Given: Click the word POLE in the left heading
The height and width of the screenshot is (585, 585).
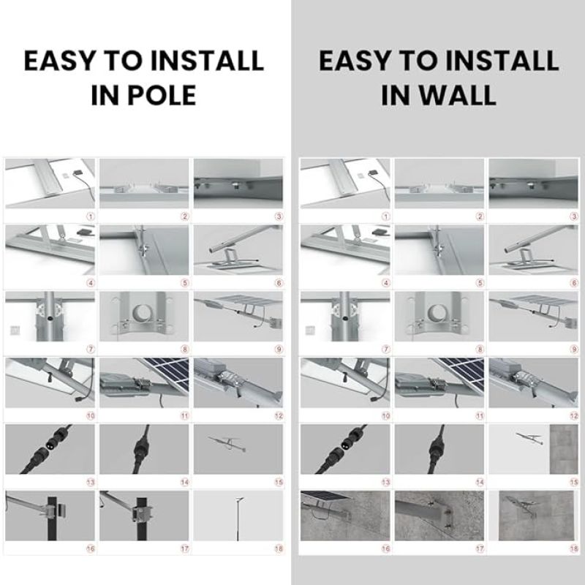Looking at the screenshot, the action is (162, 95).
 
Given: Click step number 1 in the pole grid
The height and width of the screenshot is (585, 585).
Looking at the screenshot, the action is (91, 216).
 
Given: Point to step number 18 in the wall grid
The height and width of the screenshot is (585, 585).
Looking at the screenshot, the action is (574, 548).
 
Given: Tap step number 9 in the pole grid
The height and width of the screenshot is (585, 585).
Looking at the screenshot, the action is (279, 350).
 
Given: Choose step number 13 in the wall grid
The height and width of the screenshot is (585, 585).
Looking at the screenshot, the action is (386, 482).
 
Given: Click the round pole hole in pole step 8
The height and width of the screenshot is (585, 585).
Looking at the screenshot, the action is (144, 314).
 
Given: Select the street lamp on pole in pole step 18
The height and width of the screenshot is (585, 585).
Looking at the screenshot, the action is (238, 518).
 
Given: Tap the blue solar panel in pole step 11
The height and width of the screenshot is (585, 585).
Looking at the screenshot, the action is (167, 372).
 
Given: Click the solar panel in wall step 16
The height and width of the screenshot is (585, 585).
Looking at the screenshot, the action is (326, 496).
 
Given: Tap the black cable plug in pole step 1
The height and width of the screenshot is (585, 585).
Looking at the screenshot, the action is (78, 173).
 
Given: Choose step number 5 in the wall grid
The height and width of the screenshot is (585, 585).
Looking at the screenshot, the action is (480, 283).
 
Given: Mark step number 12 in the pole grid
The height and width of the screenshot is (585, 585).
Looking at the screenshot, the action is (279, 415).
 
